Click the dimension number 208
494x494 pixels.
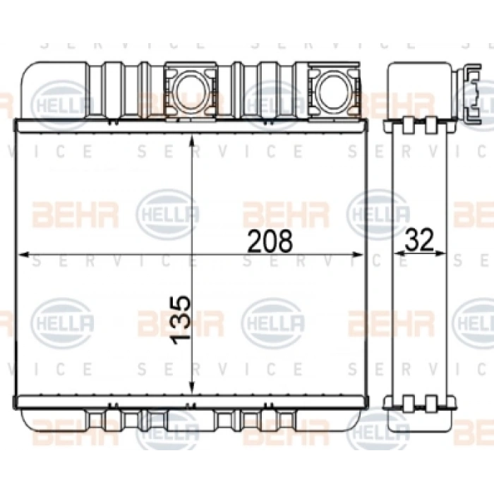click(270, 241)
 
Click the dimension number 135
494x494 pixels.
click(181, 320)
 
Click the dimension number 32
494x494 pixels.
click(419, 240)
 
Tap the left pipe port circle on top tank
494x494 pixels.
click(190, 90)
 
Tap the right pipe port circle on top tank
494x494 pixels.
click(333, 90)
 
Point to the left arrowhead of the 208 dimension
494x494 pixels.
click(25, 254)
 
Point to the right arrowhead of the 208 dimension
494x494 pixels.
click(357, 254)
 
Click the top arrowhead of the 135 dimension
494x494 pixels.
click(191, 142)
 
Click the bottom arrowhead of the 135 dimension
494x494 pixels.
click(191, 388)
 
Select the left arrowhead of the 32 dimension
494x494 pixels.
click(400, 253)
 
